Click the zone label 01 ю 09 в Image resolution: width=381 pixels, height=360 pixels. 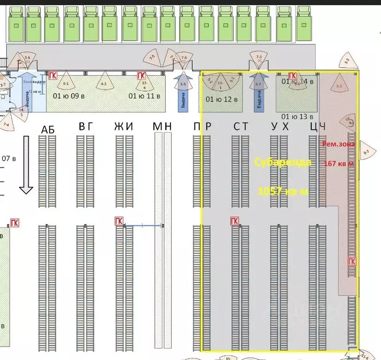pyautogui.click(x=69, y=97)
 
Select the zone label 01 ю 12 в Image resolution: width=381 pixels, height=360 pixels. pyautogui.click(x=221, y=99)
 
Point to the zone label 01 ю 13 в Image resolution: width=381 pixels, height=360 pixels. pyautogui.click(x=297, y=116)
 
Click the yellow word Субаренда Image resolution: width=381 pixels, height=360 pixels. pyautogui.click(x=282, y=162)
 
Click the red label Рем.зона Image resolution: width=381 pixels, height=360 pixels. pyautogui.click(x=338, y=144)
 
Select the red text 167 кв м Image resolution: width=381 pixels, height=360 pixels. pyautogui.click(x=339, y=164)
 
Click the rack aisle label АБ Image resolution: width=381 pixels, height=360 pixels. pyautogui.click(x=48, y=129)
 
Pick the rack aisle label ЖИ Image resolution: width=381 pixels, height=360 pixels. pyautogui.click(x=123, y=126)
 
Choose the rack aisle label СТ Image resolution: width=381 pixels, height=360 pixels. pyautogui.click(x=241, y=126)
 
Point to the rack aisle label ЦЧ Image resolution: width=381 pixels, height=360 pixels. pyautogui.click(x=318, y=126)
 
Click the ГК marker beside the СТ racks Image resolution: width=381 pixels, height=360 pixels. pyautogui.click(x=234, y=221)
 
